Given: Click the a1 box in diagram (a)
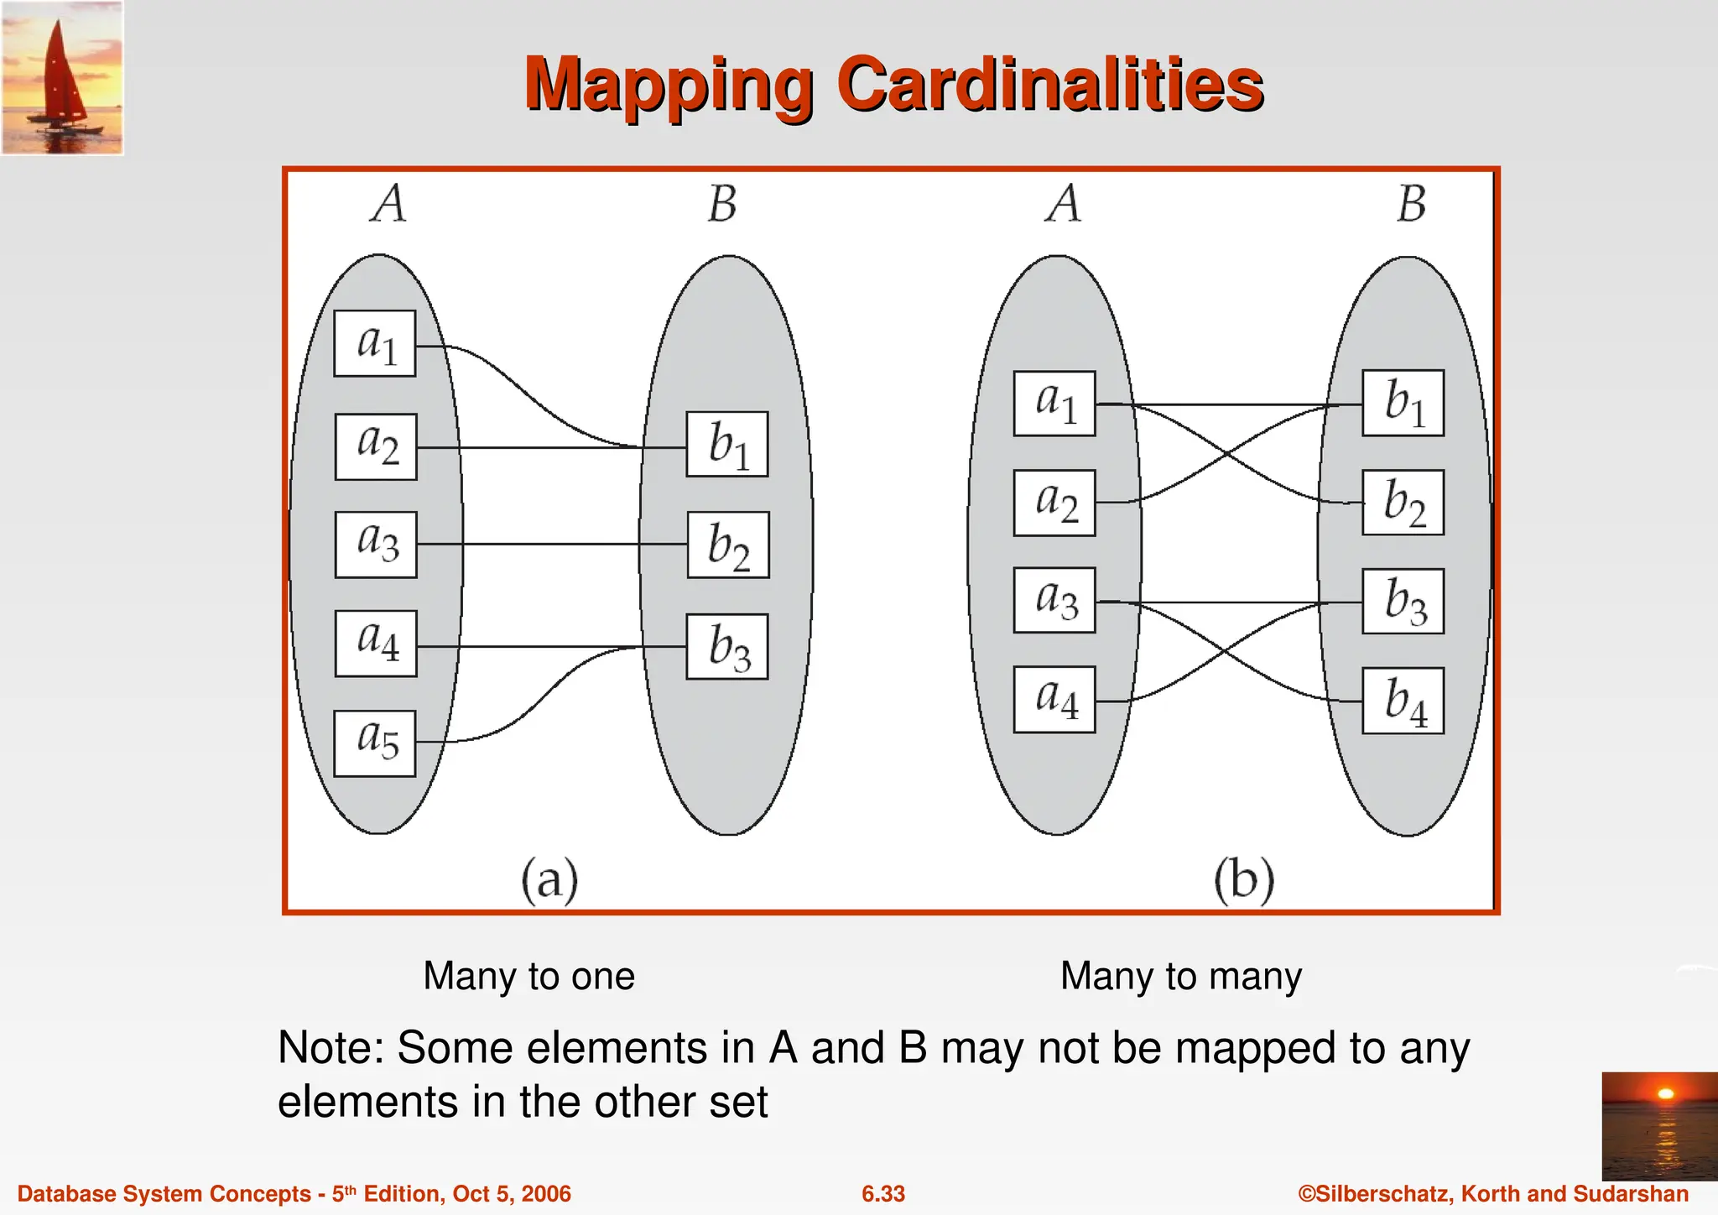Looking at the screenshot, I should click(x=375, y=344).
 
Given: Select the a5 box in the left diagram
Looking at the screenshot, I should click(x=375, y=743).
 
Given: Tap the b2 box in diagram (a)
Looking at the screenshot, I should click(x=728, y=545).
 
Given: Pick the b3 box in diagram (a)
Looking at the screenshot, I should click(x=727, y=647).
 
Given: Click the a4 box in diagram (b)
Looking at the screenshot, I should click(x=1054, y=700).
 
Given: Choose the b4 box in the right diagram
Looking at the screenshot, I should click(x=1403, y=701).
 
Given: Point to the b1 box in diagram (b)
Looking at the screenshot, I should click(x=1403, y=403).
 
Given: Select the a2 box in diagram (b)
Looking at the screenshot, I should click(x=1054, y=503).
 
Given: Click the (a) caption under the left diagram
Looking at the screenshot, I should click(x=549, y=880).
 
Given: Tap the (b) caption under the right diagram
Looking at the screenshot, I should click(x=1244, y=880).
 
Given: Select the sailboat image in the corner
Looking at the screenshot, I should click(x=62, y=78).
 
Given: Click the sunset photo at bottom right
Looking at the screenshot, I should click(x=1659, y=1126).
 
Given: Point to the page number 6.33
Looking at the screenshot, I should click(x=883, y=1194).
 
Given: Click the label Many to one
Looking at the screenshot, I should click(x=528, y=976).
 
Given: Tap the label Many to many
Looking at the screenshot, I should click(x=1180, y=976).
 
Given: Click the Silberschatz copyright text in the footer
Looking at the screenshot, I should click(x=1493, y=1194).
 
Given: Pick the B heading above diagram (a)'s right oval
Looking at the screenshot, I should click(x=722, y=204).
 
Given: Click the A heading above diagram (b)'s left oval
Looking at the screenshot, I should click(x=1064, y=204).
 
